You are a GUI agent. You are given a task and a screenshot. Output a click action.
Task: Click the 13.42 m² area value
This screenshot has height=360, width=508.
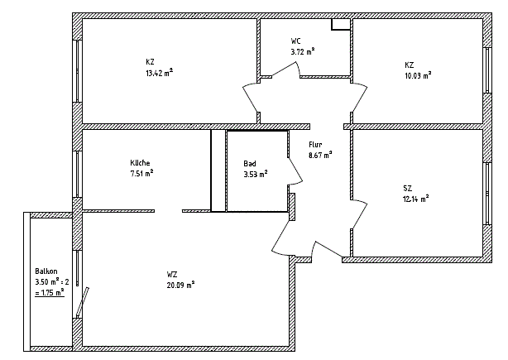[159, 73]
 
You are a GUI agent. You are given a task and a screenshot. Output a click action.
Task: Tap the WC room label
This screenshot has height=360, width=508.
[296, 41]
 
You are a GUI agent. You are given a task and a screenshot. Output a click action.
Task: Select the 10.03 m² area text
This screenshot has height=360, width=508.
[418, 75]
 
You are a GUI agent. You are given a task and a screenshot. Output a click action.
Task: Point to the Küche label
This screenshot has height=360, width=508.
[140, 163]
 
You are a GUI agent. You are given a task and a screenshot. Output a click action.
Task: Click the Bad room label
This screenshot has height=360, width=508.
[250, 164]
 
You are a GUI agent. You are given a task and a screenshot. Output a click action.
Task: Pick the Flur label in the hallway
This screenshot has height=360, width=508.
[315, 145]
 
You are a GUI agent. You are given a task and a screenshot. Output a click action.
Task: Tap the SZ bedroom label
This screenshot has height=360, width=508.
[408, 188]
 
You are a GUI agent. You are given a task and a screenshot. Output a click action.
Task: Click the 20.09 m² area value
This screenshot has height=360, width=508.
[181, 286]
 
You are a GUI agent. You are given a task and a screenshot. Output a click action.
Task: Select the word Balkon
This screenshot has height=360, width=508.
[46, 271]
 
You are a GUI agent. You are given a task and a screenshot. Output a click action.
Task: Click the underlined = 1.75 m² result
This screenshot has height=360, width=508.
[50, 293]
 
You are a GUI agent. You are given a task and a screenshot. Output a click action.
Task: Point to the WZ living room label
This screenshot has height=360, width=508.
[172, 275]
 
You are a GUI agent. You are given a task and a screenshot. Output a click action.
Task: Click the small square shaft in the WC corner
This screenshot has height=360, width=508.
[341, 24]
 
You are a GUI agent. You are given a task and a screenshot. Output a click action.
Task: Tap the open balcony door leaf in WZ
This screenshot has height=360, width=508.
[83, 302]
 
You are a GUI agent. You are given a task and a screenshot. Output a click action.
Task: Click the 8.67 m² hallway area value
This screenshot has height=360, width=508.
[320, 155]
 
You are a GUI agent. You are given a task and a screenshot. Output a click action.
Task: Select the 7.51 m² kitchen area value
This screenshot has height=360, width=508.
[141, 173]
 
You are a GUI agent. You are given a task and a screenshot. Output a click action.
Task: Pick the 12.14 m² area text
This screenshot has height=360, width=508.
[416, 199]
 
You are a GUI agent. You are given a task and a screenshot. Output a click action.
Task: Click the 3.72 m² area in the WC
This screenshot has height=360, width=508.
[303, 51]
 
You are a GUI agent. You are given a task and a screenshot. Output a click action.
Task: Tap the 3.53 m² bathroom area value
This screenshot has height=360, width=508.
[256, 175]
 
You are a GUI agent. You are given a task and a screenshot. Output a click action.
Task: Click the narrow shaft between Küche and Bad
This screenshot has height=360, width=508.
[218, 170]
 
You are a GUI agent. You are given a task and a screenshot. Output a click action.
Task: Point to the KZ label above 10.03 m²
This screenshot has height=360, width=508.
[410, 65]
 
